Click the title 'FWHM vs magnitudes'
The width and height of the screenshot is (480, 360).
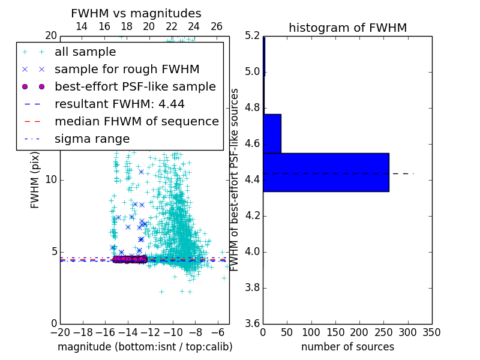[136, 14]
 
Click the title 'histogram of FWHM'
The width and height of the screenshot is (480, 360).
[348, 28]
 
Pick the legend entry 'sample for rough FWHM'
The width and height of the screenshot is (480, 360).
[127, 69]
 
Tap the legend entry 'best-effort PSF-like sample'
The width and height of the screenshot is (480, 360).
[135, 86]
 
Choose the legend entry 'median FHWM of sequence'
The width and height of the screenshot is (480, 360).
[136, 121]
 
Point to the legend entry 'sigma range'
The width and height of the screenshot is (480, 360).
[92, 139]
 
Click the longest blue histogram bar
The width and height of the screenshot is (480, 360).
[326, 172]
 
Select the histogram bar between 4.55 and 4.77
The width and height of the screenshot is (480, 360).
[272, 133]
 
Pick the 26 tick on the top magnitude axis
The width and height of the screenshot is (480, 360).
[217, 26]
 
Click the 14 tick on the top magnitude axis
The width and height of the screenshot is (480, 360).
[82, 26]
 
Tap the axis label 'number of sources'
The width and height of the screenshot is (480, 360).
[347, 347]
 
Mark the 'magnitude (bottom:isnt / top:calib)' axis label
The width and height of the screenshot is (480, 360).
[145, 347]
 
